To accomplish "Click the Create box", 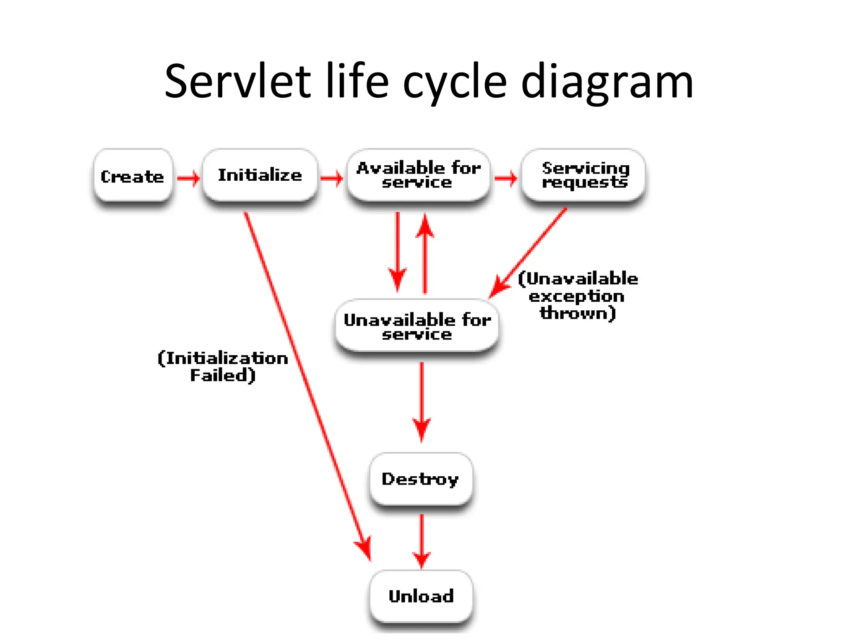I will click(133, 176).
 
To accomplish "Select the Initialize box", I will click(260, 175).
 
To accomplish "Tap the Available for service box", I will click(418, 175).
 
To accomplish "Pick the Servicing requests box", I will click(583, 175).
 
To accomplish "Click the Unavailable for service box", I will click(417, 326).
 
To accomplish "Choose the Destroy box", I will click(421, 479).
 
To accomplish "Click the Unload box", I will click(421, 596).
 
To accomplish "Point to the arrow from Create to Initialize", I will click(188, 179).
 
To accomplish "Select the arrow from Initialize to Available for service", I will click(331, 179).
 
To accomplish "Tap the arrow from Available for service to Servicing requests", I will click(505, 179).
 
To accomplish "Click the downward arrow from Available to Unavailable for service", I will click(398, 252).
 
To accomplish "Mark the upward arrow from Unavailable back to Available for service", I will click(425, 252).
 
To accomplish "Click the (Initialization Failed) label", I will click(223, 366).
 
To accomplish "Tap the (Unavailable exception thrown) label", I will click(578, 296).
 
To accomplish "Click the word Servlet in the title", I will click(237, 81).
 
